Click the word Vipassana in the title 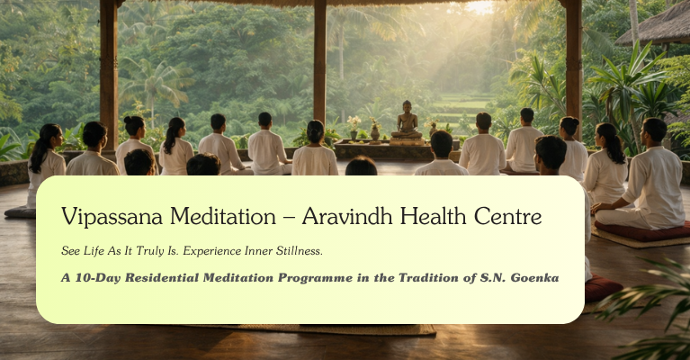pos(112,217)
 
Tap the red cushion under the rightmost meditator pos(642,232)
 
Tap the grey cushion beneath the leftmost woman pos(21,212)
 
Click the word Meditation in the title pos(223,216)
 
